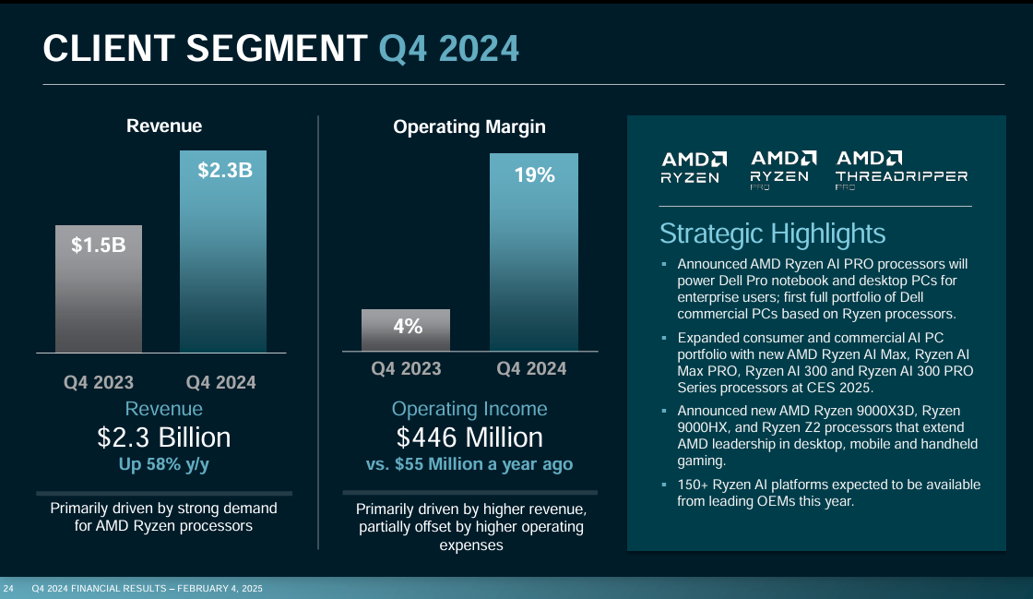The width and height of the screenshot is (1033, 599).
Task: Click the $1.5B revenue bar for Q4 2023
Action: [x=99, y=288]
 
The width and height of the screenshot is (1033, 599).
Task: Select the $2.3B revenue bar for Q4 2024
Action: [x=222, y=251]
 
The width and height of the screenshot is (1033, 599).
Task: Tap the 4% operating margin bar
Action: [x=406, y=329]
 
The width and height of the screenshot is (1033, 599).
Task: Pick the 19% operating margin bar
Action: [x=534, y=251]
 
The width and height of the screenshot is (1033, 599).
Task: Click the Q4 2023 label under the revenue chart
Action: [x=99, y=382]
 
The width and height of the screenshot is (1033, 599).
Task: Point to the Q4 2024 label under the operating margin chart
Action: [x=531, y=368]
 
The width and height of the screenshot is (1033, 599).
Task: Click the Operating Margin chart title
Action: [x=469, y=126]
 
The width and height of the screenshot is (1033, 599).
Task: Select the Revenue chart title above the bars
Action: [x=164, y=126]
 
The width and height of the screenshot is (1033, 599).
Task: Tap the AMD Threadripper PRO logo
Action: [x=901, y=168]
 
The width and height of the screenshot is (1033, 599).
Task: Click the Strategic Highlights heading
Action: [x=772, y=233]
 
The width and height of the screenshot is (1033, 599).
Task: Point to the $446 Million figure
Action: [x=469, y=437]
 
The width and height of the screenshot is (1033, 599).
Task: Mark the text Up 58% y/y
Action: [x=164, y=464]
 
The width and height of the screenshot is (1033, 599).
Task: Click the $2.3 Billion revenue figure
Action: [x=164, y=437]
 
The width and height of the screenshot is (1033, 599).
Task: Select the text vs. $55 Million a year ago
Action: [x=469, y=464]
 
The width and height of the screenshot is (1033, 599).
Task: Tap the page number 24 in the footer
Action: [x=8, y=588]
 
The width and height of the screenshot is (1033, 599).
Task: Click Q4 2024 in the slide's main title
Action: [x=449, y=48]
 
